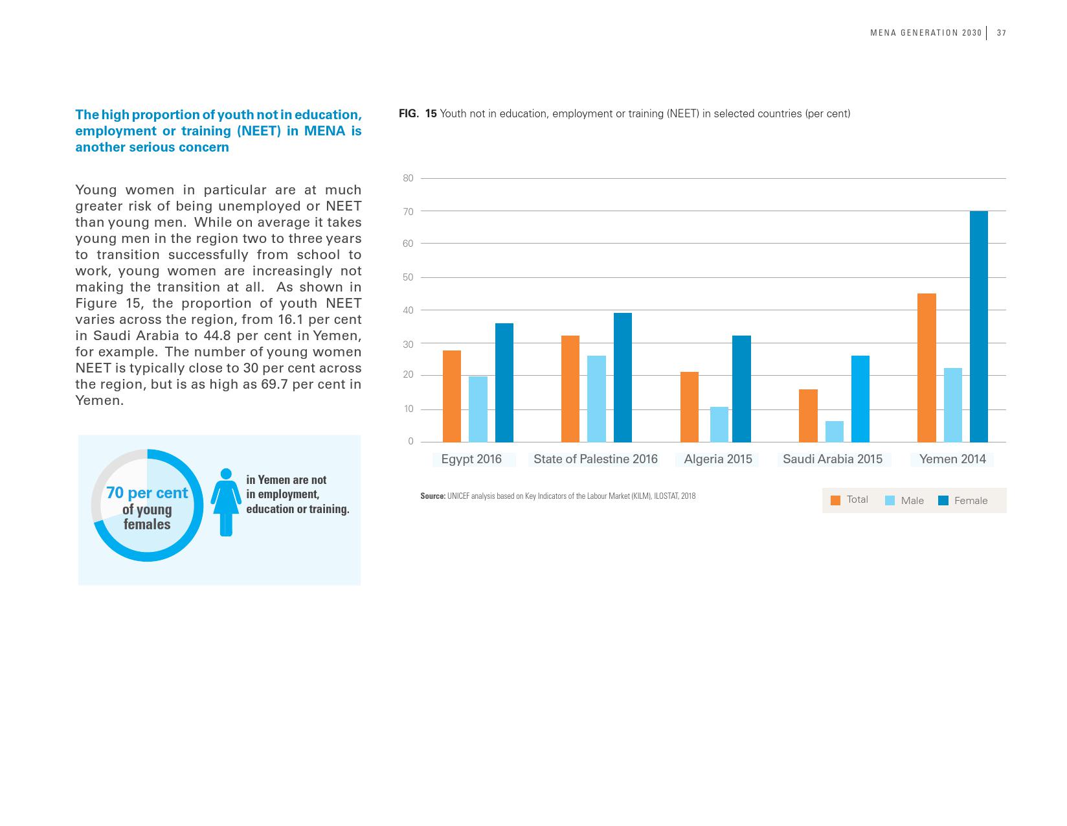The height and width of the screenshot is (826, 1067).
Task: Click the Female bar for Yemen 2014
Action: [978, 327]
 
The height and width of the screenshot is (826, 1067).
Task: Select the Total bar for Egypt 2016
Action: [452, 396]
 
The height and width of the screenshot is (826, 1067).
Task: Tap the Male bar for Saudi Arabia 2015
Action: [834, 431]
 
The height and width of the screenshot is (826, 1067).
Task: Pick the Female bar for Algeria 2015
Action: [741, 389]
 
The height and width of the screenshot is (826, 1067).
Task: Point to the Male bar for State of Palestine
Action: [596, 398]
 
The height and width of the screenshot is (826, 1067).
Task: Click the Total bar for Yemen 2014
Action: [927, 367]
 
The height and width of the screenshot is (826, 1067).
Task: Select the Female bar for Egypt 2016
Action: [504, 382]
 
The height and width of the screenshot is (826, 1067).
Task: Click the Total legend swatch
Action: [835, 500]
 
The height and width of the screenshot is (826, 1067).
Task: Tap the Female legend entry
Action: [963, 500]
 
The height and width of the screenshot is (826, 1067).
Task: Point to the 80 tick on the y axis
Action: [408, 178]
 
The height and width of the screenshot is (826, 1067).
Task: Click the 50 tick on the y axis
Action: [408, 277]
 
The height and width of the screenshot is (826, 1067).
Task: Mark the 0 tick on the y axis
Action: [410, 442]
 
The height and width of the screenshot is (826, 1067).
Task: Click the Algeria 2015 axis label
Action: [717, 459]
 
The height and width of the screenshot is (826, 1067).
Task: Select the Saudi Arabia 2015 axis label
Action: [832, 459]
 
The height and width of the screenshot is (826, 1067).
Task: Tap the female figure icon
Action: [226, 502]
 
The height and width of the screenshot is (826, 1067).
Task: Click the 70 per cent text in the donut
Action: [147, 493]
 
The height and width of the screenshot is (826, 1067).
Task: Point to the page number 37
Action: [1001, 33]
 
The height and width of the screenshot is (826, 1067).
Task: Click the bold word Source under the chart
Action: [432, 496]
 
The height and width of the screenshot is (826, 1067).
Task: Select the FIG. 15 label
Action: [418, 114]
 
